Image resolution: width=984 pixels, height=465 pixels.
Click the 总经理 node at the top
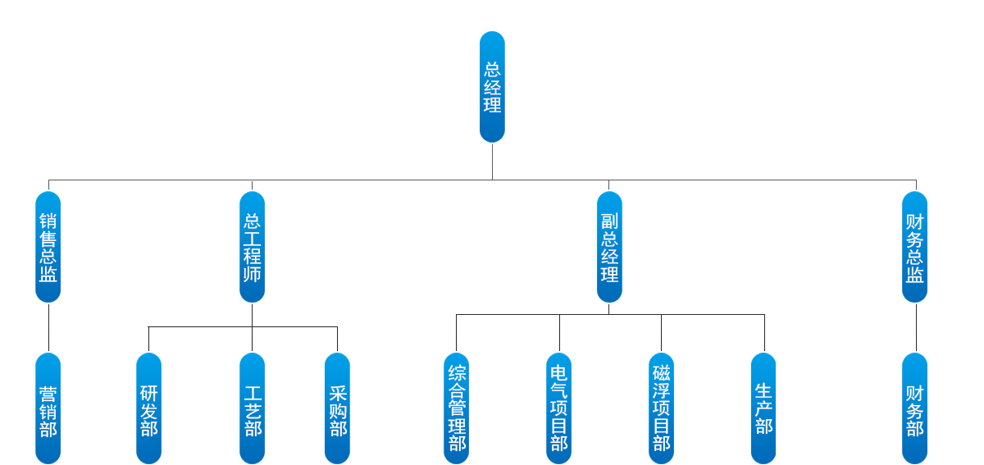(492, 86)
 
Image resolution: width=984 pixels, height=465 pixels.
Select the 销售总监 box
(48, 246)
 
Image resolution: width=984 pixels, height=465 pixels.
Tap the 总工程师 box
(252, 246)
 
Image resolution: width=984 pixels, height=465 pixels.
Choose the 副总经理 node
(609, 246)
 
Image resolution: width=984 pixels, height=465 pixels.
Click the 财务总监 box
(915, 246)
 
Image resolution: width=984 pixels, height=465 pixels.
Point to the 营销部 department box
(48, 408)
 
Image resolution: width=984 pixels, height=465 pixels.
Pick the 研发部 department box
(148, 408)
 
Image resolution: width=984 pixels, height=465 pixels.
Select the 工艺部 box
(252, 408)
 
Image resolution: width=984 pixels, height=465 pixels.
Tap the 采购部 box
(337, 408)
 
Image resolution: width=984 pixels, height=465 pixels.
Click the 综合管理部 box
(457, 408)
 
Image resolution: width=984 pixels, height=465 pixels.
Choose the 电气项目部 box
(559, 408)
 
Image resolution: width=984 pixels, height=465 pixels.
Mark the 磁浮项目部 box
(661, 408)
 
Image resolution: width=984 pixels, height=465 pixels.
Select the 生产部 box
(763, 408)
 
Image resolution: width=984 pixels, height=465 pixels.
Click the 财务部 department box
(915, 408)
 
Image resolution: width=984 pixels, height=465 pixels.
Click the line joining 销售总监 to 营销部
(48, 328)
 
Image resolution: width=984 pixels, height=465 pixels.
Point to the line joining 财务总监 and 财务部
(916, 328)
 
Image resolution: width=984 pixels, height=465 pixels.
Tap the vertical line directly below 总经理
(492, 161)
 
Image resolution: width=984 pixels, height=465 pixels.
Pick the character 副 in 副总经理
(609, 221)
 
